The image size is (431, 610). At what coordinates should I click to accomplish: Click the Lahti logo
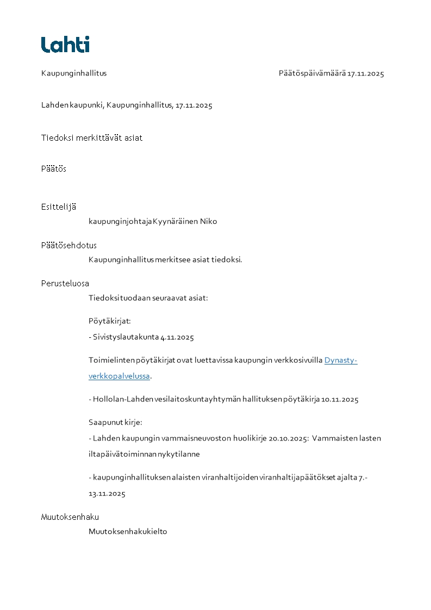(65, 45)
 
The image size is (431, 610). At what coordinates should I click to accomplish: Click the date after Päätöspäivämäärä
(366, 73)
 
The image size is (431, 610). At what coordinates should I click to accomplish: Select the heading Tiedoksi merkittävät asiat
(92, 138)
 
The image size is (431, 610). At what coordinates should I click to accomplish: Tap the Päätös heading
(54, 169)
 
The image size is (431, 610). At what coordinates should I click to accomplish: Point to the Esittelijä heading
(59, 207)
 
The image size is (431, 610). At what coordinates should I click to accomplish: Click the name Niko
(209, 222)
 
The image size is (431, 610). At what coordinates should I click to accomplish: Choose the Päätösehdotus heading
(69, 246)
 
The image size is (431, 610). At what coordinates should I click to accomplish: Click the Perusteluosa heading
(65, 284)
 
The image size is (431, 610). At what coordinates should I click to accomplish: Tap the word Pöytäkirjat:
(110, 321)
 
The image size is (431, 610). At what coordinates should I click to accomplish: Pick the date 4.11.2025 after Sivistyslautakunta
(177, 337)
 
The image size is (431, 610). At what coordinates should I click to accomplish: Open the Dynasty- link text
(341, 360)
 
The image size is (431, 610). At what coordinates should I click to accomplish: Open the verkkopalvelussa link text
(119, 376)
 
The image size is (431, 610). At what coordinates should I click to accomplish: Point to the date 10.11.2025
(340, 400)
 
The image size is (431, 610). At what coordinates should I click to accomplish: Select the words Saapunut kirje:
(115, 422)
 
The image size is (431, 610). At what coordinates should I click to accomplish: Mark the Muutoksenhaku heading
(70, 517)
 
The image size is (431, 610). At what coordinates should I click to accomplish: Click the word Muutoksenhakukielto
(128, 532)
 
